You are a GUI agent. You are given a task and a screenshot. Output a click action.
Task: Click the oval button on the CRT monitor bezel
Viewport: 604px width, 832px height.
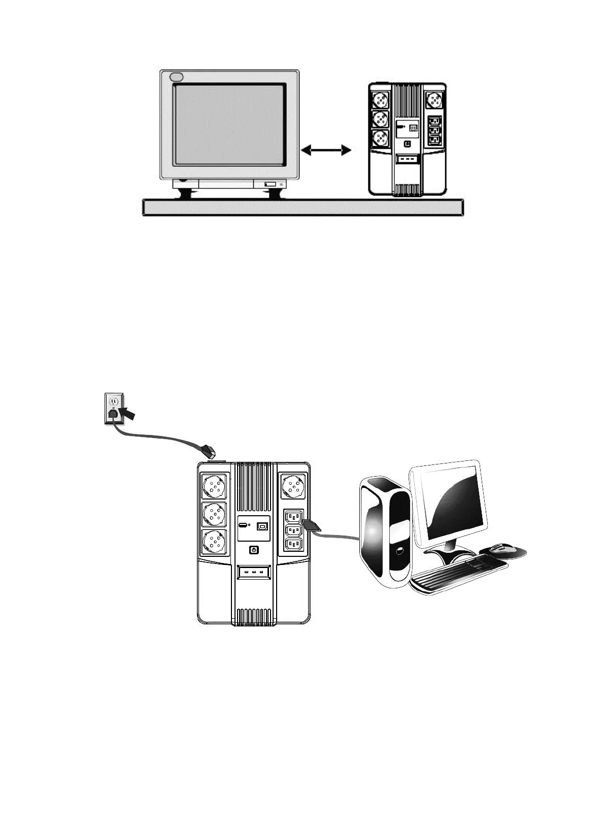click(x=176, y=77)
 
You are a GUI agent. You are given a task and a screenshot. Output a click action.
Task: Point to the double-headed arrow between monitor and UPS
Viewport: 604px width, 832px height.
click(x=326, y=150)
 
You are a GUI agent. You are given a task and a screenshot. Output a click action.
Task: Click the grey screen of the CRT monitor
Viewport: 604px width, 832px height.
click(x=228, y=124)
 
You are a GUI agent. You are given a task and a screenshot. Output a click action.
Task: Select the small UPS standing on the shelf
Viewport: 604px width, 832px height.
click(x=408, y=139)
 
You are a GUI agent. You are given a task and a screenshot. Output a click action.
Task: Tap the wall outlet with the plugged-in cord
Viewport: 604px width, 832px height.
click(x=113, y=408)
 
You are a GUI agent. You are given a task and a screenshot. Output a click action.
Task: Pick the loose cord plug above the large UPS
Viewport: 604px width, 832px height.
click(x=209, y=450)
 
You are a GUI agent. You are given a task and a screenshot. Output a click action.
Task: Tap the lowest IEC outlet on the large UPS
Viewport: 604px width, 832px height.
click(x=293, y=544)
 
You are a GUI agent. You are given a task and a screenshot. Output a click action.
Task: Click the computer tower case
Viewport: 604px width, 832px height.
click(x=384, y=533)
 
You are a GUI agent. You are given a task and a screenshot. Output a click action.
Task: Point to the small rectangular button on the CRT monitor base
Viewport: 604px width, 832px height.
click(x=270, y=184)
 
